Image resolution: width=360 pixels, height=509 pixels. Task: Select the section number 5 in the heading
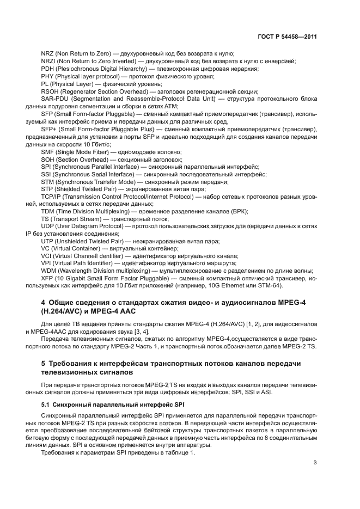coord(44,363)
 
